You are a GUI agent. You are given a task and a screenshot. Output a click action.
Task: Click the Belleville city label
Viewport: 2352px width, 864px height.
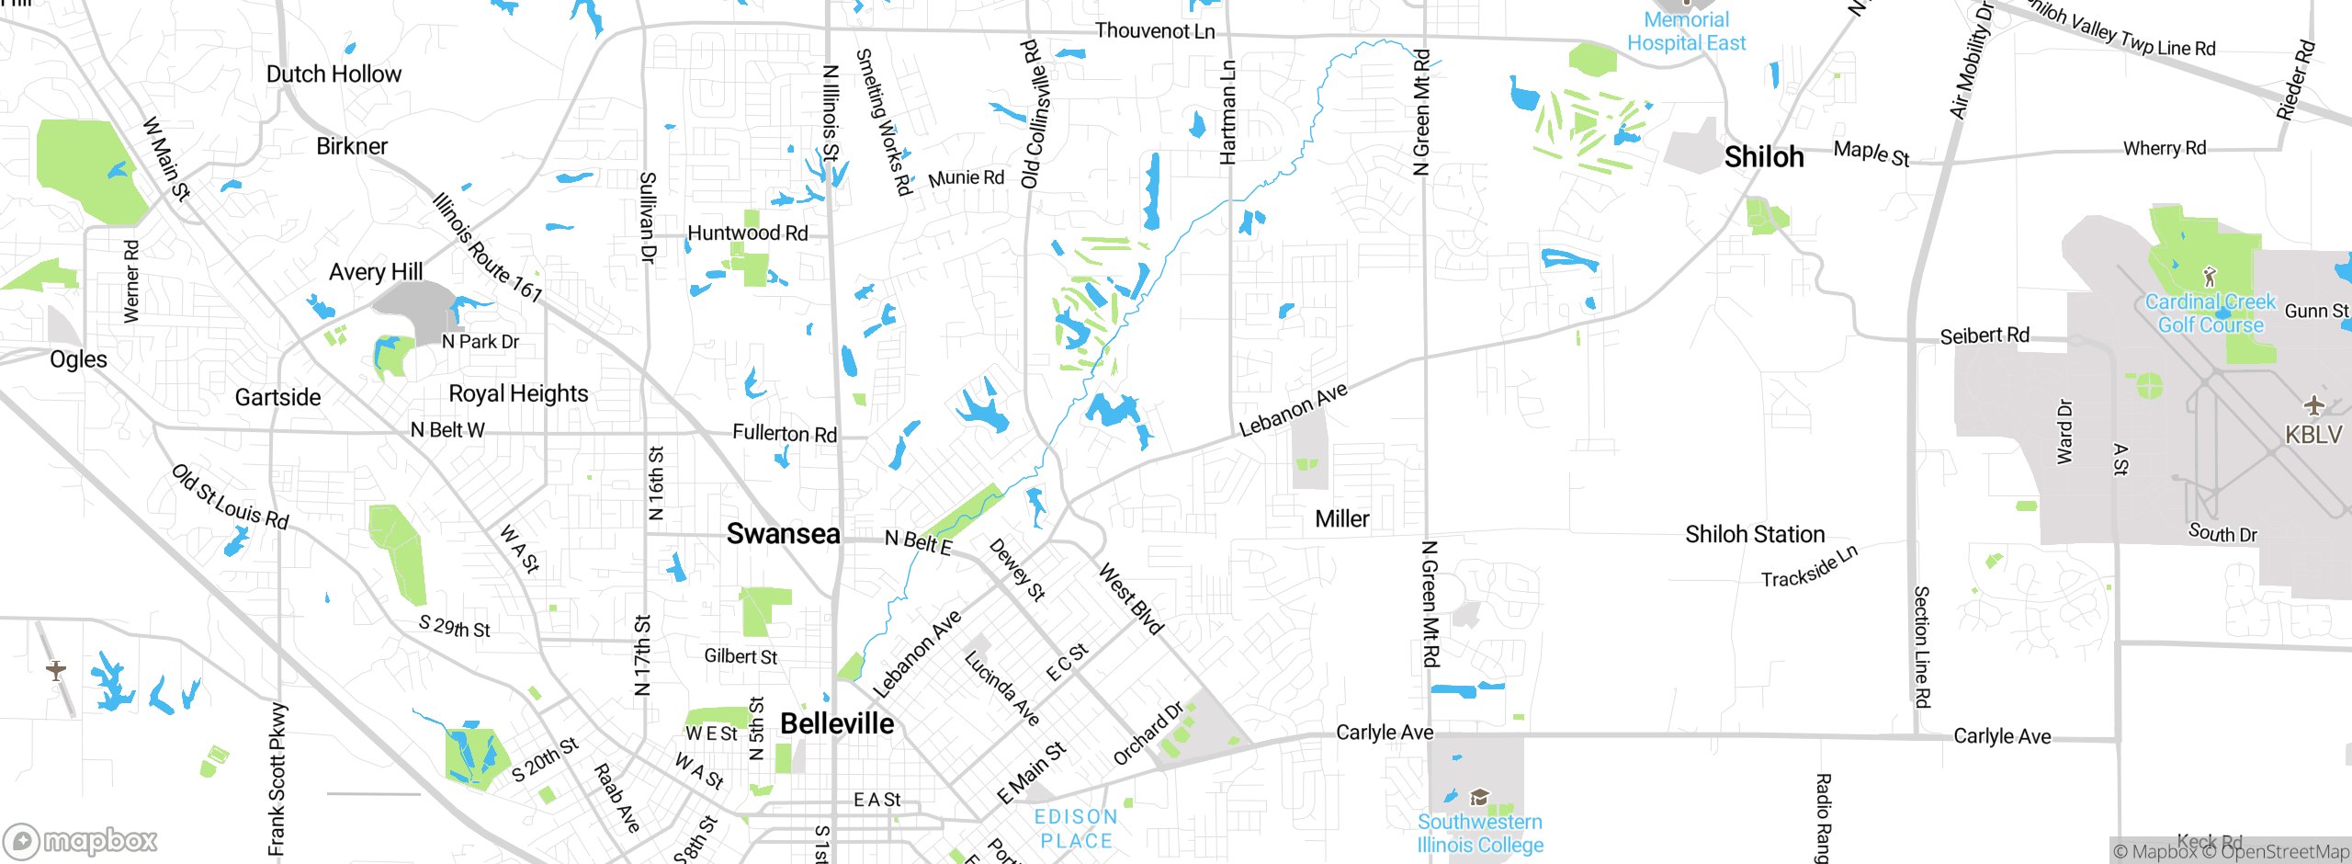pyautogui.click(x=836, y=723)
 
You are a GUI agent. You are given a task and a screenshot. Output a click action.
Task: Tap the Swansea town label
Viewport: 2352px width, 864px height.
pyautogui.click(x=783, y=533)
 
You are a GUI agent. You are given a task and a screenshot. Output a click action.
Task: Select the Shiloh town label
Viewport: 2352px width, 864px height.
pyautogui.click(x=1763, y=157)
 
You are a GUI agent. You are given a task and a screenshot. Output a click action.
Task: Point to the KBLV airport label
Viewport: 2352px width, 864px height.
pyautogui.click(x=2312, y=434)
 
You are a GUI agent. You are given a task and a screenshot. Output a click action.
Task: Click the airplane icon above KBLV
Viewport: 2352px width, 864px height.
pyautogui.click(x=2313, y=405)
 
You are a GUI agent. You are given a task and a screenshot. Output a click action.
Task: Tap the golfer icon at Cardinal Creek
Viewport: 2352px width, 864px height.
pyautogui.click(x=2210, y=276)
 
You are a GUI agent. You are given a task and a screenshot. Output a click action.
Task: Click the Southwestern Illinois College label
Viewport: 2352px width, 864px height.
pyautogui.click(x=1479, y=833)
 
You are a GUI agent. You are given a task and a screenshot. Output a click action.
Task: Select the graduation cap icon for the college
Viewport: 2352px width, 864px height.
pyautogui.click(x=1479, y=796)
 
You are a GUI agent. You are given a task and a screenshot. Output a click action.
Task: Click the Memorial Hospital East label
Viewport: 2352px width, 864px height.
pyautogui.click(x=1686, y=31)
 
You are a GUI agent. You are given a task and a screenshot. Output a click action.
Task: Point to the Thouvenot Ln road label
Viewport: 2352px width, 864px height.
pyautogui.click(x=1154, y=31)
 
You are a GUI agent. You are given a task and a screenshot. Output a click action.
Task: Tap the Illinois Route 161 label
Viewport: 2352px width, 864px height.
pyautogui.click(x=487, y=247)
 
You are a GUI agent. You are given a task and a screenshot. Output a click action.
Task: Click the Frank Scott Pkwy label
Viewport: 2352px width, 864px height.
pyautogui.click(x=277, y=779)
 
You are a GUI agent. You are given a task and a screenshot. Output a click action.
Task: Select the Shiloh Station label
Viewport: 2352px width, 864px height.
pyautogui.click(x=1754, y=534)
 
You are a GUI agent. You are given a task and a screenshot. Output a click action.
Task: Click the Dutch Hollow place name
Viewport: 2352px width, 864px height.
pyautogui.click(x=334, y=74)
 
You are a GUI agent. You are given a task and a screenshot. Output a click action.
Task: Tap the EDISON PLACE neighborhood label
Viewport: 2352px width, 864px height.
pyautogui.click(x=1076, y=828)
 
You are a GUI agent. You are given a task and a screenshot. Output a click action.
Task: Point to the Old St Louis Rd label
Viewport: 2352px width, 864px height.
pyautogui.click(x=230, y=497)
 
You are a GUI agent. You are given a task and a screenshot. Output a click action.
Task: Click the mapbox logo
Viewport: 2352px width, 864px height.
pyautogui.click(x=81, y=840)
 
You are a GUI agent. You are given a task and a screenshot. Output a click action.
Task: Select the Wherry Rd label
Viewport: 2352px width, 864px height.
pyautogui.click(x=2164, y=148)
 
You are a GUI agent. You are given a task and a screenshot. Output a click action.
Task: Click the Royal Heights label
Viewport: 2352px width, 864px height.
pyautogui.click(x=518, y=393)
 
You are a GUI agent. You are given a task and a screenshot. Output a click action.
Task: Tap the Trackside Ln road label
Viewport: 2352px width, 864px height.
pyautogui.click(x=1808, y=566)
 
